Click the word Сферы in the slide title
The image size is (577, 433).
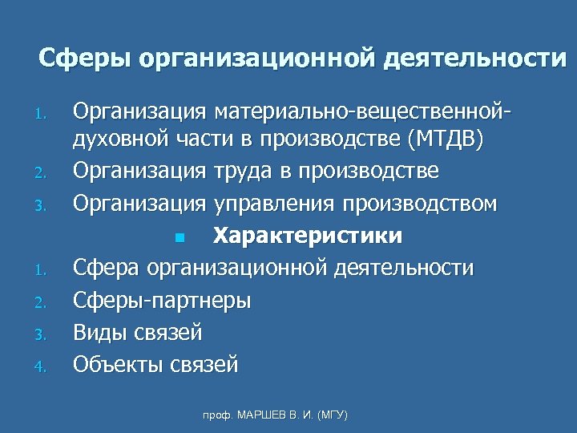point(84,59)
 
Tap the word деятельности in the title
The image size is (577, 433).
point(472,59)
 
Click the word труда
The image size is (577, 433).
point(243,172)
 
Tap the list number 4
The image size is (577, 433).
point(45,366)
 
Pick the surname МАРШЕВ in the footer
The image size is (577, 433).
point(254,415)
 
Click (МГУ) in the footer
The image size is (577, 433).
point(331,415)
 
